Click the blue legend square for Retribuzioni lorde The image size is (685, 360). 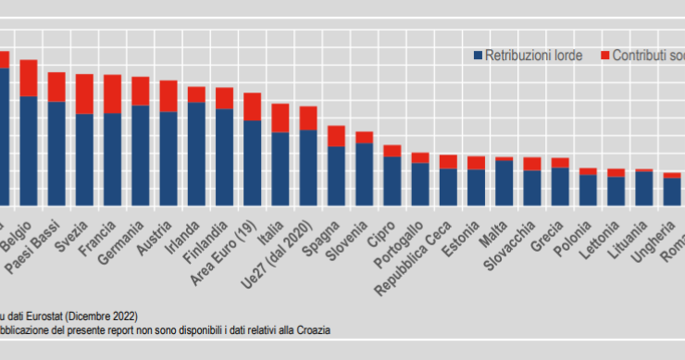[478, 56]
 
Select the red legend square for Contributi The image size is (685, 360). [605, 56]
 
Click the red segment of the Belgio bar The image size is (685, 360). [29, 78]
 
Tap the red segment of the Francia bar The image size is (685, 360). [113, 93]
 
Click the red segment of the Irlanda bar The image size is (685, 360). [196, 93]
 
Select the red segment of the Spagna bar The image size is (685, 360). [336, 136]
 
